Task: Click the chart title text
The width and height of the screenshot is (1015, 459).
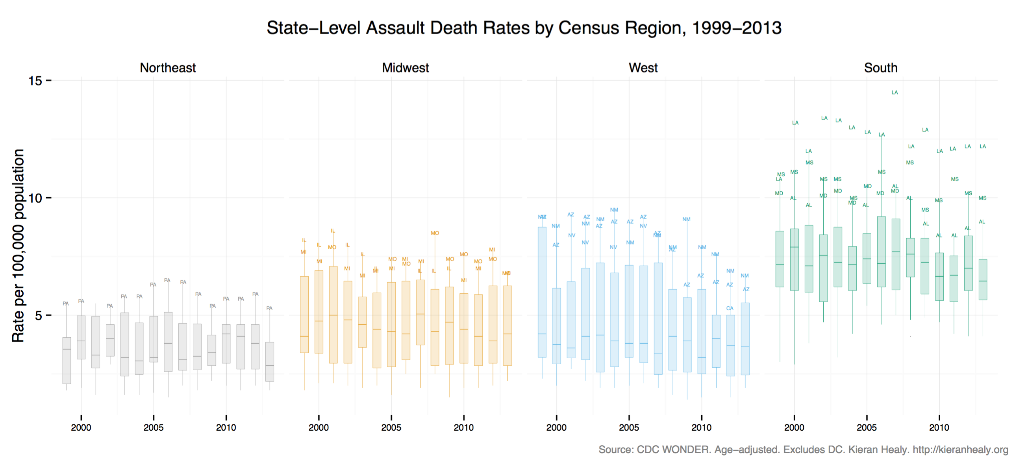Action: pos(524,28)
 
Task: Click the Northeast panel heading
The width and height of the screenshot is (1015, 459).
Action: pos(167,68)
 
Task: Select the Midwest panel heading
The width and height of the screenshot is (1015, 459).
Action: pos(405,68)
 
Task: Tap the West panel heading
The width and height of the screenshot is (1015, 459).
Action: pos(643,68)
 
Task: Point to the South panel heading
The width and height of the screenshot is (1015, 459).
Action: pos(881,68)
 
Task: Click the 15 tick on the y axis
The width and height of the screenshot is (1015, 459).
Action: pos(35,81)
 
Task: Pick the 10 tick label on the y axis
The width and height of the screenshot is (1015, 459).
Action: pos(35,198)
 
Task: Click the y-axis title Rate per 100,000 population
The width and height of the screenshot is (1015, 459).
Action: pos(18,245)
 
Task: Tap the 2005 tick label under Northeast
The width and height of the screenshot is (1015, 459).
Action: pos(153,428)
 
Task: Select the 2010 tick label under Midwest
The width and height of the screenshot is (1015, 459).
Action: pos(463,428)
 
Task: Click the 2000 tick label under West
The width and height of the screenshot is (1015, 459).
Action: pos(556,428)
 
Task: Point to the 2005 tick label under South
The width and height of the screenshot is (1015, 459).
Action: pos(867,428)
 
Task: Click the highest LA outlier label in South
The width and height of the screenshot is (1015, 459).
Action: pos(895,92)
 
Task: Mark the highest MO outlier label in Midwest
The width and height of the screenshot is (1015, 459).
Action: pos(435,233)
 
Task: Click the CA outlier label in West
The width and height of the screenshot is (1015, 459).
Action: pos(730,308)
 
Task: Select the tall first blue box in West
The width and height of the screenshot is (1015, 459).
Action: pos(542,292)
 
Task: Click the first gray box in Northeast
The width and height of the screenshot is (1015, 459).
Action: pos(67,360)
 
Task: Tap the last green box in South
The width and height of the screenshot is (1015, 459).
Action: pos(983,279)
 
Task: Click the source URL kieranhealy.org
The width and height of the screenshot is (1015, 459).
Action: pos(960,450)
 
